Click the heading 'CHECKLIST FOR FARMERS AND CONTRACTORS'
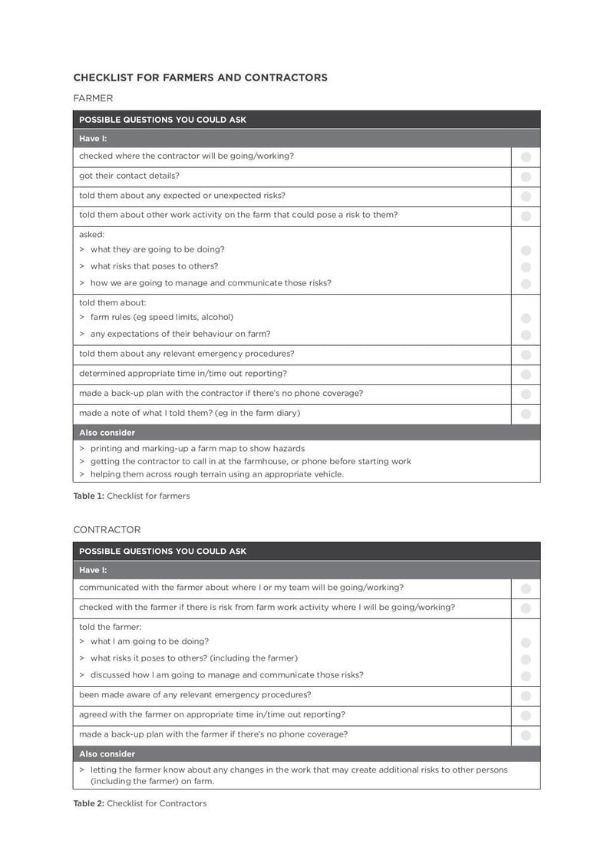(200, 77)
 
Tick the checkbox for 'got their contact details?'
(526, 176)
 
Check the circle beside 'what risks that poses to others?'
(526, 267)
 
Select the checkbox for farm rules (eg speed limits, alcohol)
(526, 318)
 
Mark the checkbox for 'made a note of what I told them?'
(526, 414)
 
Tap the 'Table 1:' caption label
(88, 496)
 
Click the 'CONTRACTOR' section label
(107, 529)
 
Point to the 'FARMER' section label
(93, 98)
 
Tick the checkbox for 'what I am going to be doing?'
(526, 642)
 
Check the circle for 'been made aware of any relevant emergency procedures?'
(526, 696)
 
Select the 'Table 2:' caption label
(88, 803)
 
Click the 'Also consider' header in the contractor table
(107, 753)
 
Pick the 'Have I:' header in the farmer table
(93, 139)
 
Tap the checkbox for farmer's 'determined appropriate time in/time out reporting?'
(526, 374)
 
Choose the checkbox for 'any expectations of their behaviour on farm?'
(526, 335)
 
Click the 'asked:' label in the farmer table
(91, 234)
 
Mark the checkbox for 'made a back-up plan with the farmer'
(526, 735)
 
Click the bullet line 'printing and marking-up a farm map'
(197, 448)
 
